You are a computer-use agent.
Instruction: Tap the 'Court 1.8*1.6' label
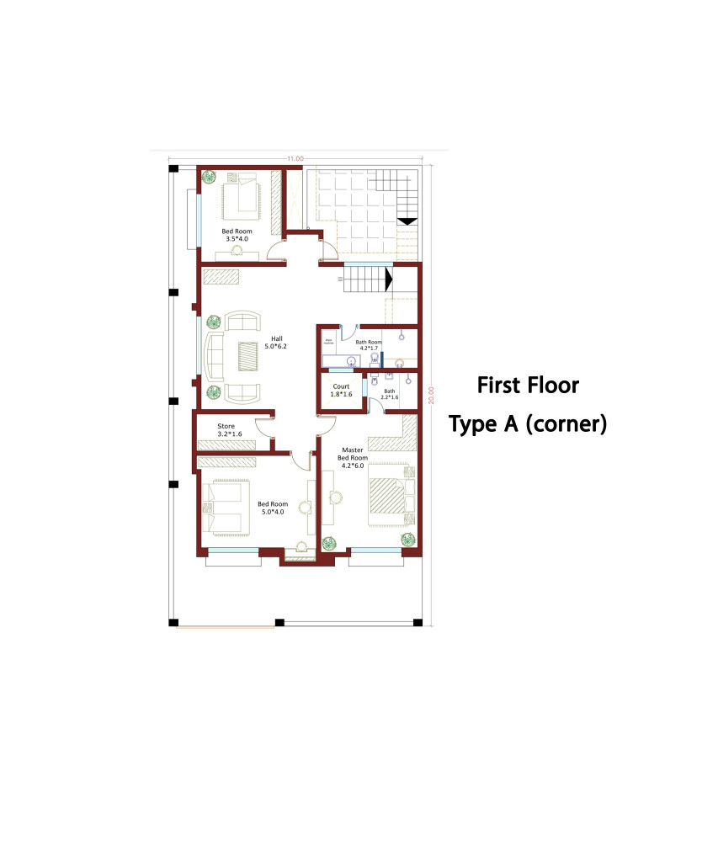tap(341, 391)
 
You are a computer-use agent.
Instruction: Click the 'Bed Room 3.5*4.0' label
tap(237, 235)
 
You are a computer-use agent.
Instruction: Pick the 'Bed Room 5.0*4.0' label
tap(274, 508)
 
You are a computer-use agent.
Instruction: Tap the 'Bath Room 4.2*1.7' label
tap(369, 346)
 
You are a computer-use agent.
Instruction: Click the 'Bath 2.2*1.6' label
tap(390, 395)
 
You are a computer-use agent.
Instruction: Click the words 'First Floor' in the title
tap(528, 386)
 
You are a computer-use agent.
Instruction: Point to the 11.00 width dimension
tap(295, 158)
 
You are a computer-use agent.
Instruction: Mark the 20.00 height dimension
tap(431, 396)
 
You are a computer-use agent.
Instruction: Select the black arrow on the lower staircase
tap(389, 279)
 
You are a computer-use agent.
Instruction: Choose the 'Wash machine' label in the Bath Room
tap(329, 341)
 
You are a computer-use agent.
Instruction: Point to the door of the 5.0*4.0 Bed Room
tap(299, 460)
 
